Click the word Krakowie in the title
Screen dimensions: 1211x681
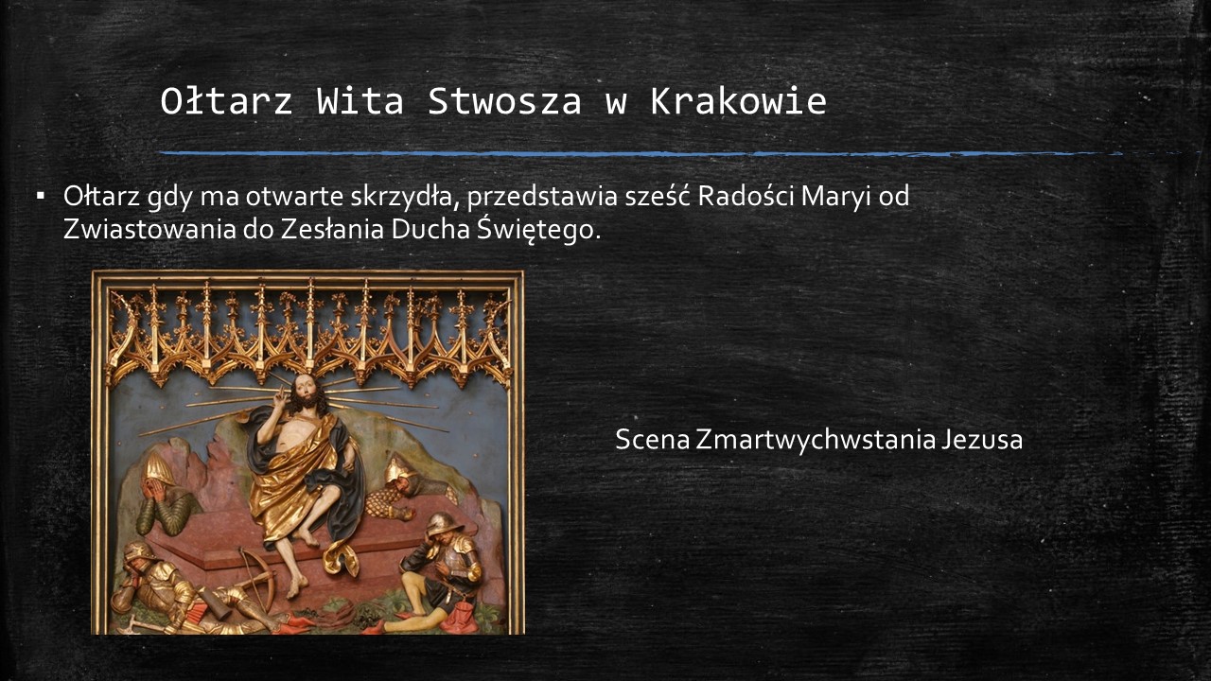738,101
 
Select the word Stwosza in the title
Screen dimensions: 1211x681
504,101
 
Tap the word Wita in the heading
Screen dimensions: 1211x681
360,101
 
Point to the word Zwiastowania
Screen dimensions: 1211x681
149,230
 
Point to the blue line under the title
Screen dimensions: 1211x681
641,154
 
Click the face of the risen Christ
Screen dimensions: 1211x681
306,392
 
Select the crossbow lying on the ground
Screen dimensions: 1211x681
254,581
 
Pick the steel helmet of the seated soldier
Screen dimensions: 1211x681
444,523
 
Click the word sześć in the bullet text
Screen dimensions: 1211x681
658,196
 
